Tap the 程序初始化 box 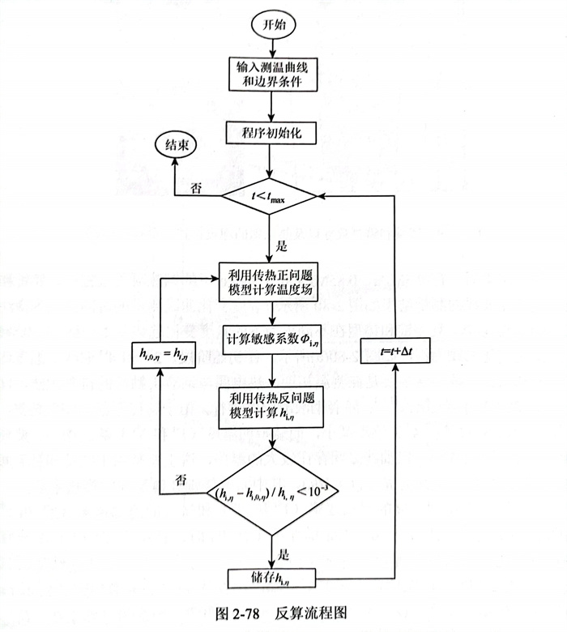pyautogui.click(x=271, y=134)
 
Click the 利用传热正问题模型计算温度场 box pyautogui.click(x=271, y=284)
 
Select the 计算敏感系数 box pyautogui.click(x=271, y=341)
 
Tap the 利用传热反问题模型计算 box pyautogui.click(x=271, y=403)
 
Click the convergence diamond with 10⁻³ pyautogui.click(x=271, y=491)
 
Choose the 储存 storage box pyautogui.click(x=271, y=579)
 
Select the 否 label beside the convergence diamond pyautogui.click(x=184, y=479)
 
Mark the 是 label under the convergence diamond pyautogui.click(x=283, y=555)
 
